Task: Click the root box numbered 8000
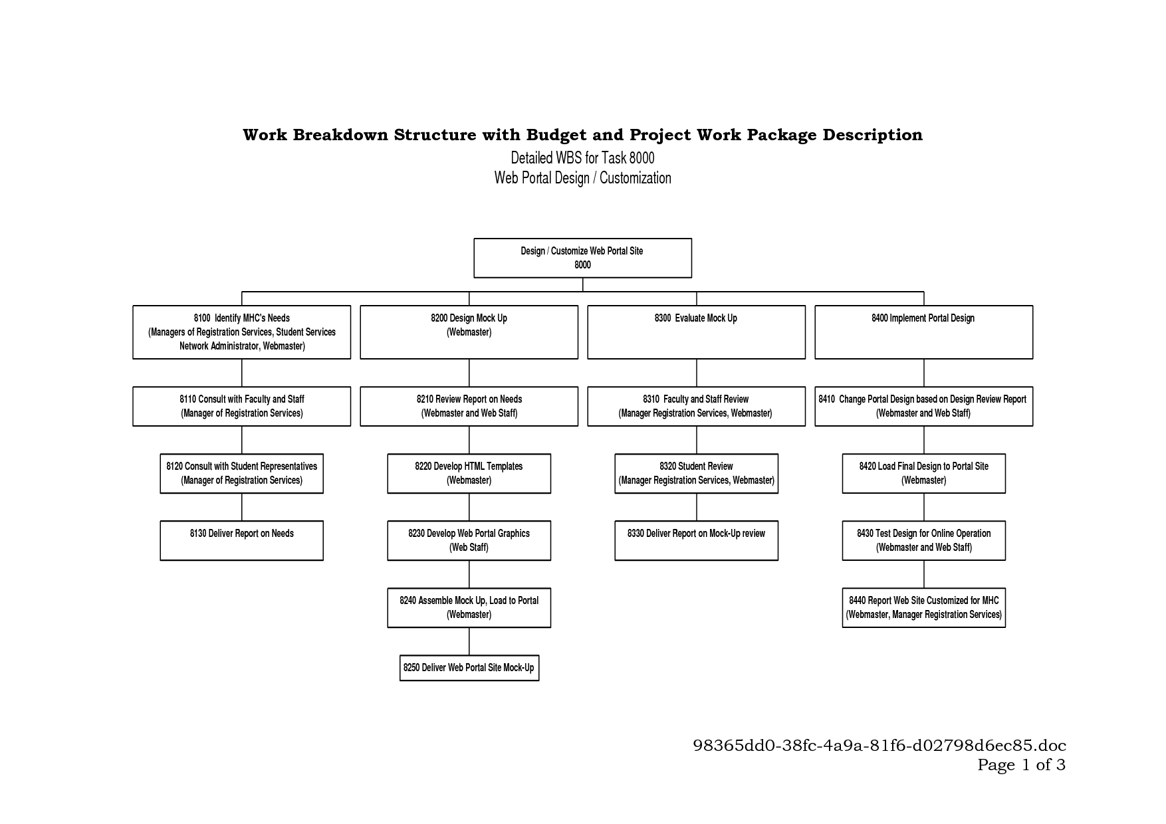[x=582, y=258]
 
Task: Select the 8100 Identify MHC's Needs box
[x=241, y=332]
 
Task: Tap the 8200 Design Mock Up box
[x=469, y=332]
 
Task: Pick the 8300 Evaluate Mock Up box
[x=696, y=332]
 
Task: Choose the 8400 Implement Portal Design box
[x=923, y=332]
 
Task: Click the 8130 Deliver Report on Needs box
[x=241, y=540]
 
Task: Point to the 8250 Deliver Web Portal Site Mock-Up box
[x=469, y=668]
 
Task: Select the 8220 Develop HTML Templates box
[x=469, y=473]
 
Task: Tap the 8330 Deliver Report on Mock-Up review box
[x=696, y=540]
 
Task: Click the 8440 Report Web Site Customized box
[x=923, y=607]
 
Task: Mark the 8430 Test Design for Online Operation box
[x=923, y=540]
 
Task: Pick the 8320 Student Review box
[x=696, y=473]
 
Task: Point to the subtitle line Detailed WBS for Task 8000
[x=582, y=157]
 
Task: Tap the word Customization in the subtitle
[x=635, y=178]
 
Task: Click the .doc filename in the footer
[x=879, y=745]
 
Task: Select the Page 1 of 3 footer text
[x=1021, y=765]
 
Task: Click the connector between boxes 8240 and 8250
[x=469, y=641]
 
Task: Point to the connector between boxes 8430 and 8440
[x=924, y=574]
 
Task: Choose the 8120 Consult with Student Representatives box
[x=241, y=473]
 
